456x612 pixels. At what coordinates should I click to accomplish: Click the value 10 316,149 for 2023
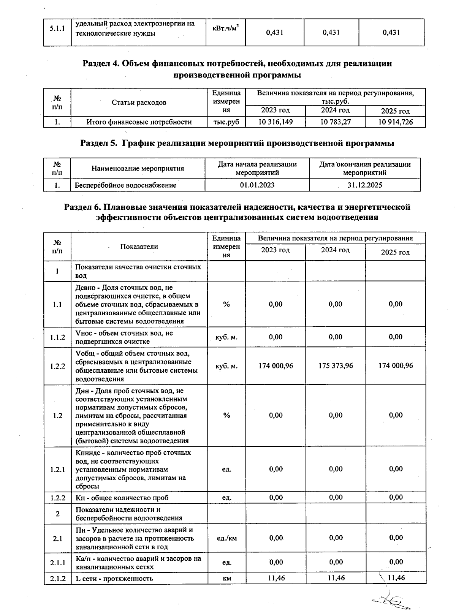point(275,122)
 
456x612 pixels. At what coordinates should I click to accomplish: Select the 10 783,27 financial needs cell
point(336,122)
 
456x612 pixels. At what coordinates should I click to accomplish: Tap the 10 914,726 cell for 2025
point(396,122)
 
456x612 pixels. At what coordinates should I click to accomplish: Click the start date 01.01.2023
point(257,185)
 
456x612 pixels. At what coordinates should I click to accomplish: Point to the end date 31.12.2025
point(364,185)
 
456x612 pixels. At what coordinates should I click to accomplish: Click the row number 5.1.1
point(57,29)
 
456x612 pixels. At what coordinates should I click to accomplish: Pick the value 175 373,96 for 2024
point(336,365)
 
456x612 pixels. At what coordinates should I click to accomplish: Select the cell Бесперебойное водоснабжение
point(126,185)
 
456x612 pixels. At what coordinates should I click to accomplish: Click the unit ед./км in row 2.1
point(226,538)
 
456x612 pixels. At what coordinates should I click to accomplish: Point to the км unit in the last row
point(227,579)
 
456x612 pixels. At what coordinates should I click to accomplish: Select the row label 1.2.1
point(57,469)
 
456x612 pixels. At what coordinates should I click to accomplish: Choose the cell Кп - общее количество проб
point(122,498)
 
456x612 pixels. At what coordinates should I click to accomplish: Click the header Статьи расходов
point(139,102)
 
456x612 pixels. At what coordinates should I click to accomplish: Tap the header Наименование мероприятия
point(138,168)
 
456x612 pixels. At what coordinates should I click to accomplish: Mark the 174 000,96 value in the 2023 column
point(275,365)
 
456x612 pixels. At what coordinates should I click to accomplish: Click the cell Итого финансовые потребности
point(139,122)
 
